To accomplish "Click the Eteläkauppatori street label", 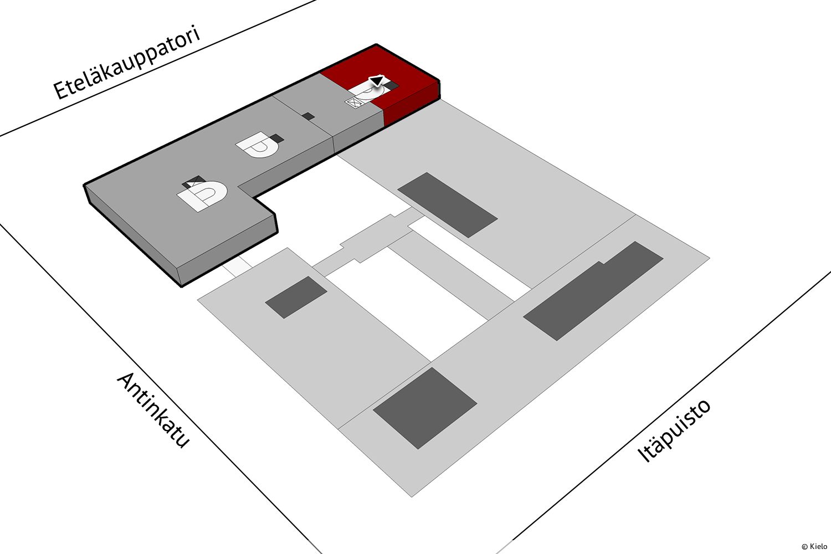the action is (127, 62).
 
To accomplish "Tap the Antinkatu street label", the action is (153, 411).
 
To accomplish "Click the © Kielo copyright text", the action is (814, 546).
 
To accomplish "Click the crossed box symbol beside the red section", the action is (353, 102).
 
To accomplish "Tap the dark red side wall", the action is (411, 104).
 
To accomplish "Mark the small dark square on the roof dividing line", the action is (308, 116).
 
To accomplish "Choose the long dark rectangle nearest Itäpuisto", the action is (593, 290).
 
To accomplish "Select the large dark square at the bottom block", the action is (425, 408).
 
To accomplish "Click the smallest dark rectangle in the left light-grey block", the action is (296, 297).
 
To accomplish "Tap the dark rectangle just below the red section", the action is (448, 205).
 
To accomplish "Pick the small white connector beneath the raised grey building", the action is (238, 266).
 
